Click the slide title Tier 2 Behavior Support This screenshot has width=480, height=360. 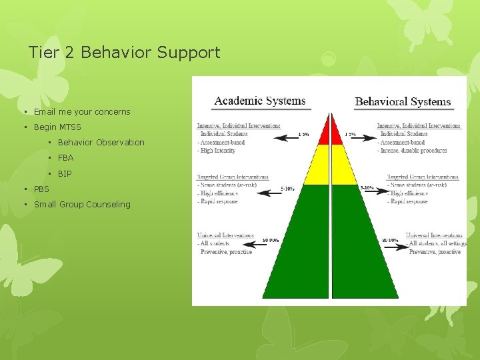tap(124, 52)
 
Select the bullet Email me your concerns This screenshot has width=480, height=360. tap(82, 111)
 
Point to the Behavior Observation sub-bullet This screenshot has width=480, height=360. tap(101, 142)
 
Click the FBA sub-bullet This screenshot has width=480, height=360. tap(65, 158)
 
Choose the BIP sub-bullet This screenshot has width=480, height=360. tap(65, 173)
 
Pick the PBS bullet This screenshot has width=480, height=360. tap(41, 189)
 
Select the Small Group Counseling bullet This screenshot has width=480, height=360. tap(82, 204)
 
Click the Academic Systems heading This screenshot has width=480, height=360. tap(259, 101)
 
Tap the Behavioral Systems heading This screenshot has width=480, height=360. tap(403, 102)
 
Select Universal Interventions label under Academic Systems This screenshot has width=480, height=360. tap(225, 235)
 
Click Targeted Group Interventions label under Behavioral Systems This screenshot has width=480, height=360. tap(423, 177)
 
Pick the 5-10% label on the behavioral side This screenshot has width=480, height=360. tap(367, 188)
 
